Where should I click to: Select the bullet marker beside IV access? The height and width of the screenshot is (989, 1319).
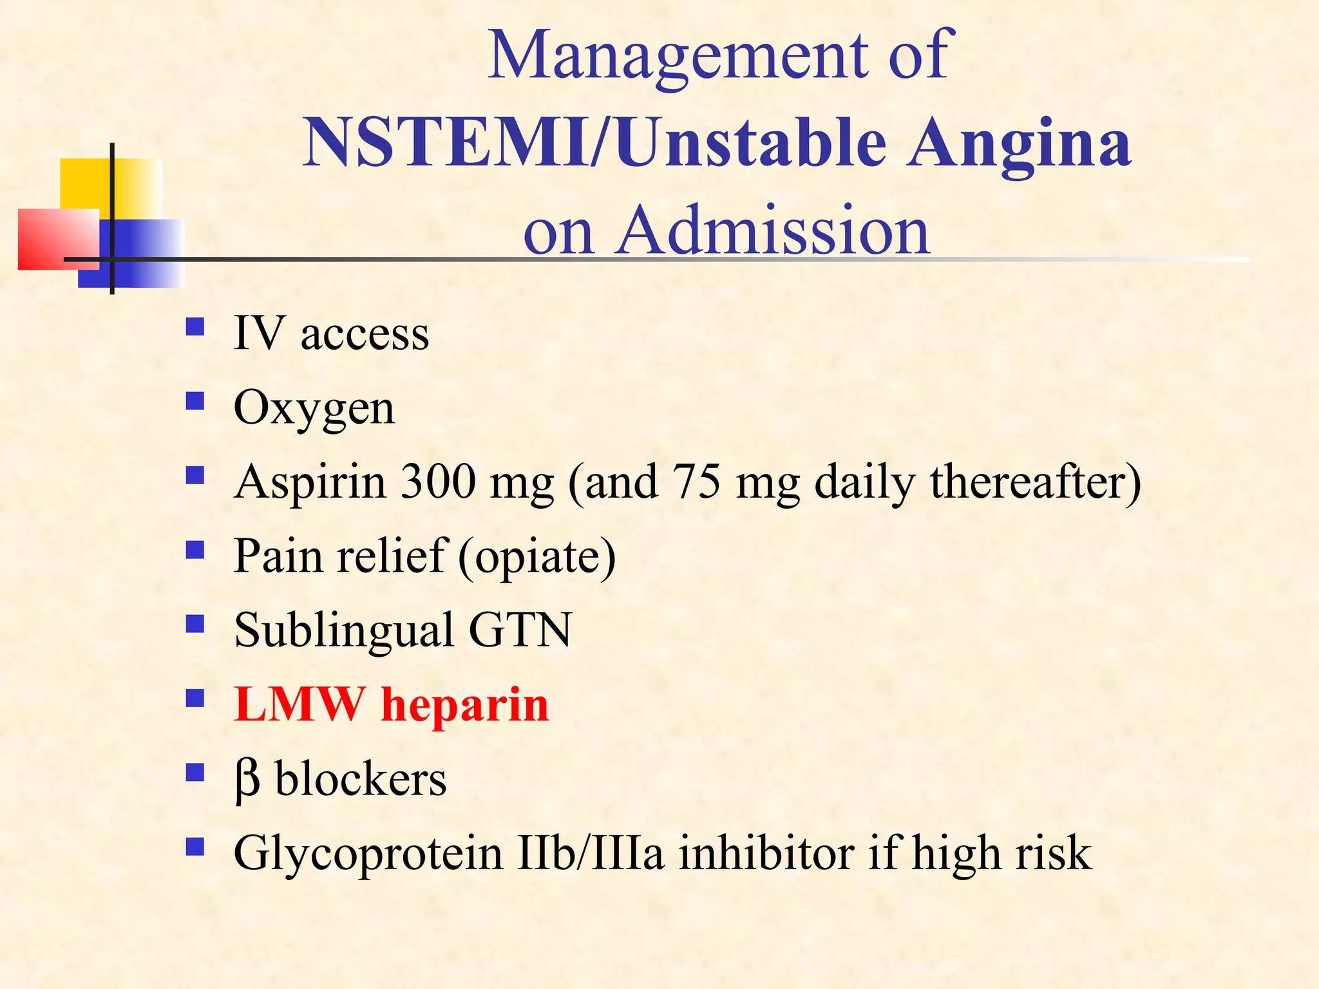point(195,327)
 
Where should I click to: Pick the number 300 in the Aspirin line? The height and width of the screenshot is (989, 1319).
point(437,482)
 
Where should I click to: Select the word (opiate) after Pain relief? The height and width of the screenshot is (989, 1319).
point(537,556)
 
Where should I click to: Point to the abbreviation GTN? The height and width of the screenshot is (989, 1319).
point(520,630)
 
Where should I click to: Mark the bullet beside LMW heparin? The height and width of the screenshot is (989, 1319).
point(195,698)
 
